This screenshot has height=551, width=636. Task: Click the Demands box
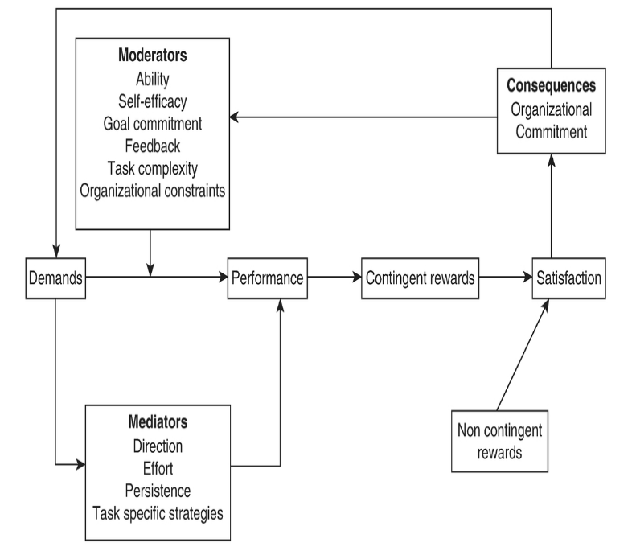55,278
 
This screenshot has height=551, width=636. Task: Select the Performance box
267,278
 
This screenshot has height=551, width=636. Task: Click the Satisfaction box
568,278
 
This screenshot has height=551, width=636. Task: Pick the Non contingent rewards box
499,441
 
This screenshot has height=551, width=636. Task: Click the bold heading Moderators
153,56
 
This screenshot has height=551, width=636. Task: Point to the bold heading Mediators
157,421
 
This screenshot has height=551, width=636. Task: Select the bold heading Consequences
551,85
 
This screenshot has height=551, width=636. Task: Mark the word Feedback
153,146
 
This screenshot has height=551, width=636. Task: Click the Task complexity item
153,168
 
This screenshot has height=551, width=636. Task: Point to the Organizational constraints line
153,191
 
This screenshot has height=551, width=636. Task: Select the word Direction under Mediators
157,445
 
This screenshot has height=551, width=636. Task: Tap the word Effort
157,467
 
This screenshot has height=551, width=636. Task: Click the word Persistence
157,490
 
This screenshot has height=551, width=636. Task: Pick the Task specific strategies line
157,512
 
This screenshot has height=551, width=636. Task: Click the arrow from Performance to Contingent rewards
334,278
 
